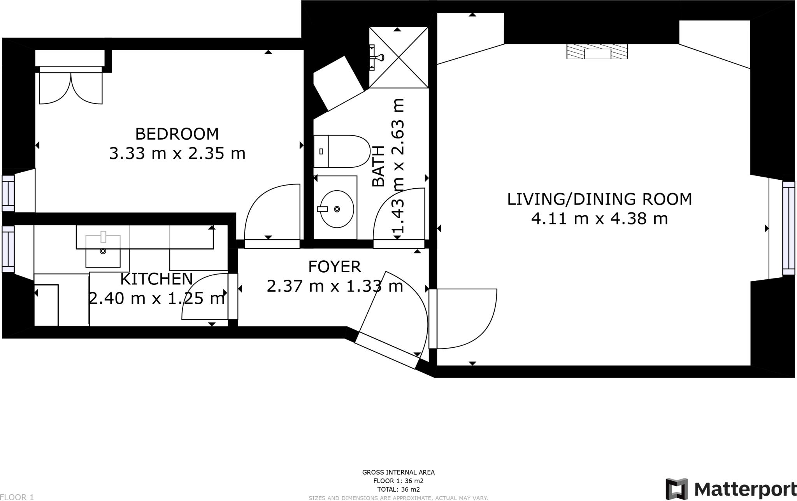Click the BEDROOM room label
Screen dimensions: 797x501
177,134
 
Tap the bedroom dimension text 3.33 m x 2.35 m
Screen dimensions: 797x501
177,154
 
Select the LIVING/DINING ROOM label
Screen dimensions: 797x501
600,199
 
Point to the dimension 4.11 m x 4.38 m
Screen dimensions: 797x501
600,219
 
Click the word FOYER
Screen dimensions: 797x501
335,267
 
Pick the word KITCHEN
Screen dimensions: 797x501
156,279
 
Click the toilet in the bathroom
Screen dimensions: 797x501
342,151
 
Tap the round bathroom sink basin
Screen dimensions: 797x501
337,209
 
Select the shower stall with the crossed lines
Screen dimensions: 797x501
398,58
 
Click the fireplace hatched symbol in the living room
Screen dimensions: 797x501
597,51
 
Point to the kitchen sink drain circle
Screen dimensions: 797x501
103,251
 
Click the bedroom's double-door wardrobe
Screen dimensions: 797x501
71,85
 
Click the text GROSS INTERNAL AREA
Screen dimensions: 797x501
398,473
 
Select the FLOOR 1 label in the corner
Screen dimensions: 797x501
17,497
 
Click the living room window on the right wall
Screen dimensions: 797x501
789,228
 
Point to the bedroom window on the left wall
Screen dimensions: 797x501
8,193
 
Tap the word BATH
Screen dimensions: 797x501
378,166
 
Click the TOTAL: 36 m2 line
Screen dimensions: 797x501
398,490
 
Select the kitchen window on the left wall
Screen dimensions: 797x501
8,249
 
